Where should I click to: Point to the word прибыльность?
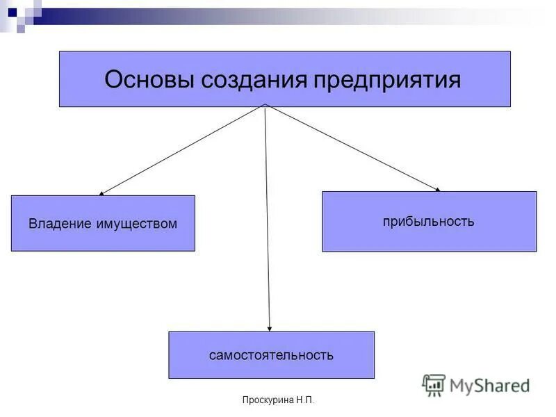click(428, 222)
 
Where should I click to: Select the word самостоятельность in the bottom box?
click(271, 355)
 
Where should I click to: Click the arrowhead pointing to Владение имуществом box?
click(101, 193)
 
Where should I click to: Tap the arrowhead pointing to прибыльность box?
click(437, 188)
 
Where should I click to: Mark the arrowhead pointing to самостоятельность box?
click(270, 328)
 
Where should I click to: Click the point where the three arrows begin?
click(265, 106)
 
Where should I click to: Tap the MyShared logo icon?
click(434, 384)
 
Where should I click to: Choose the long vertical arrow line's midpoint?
click(268, 218)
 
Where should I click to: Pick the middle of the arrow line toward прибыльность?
click(352, 147)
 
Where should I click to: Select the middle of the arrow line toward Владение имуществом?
click(182, 150)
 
